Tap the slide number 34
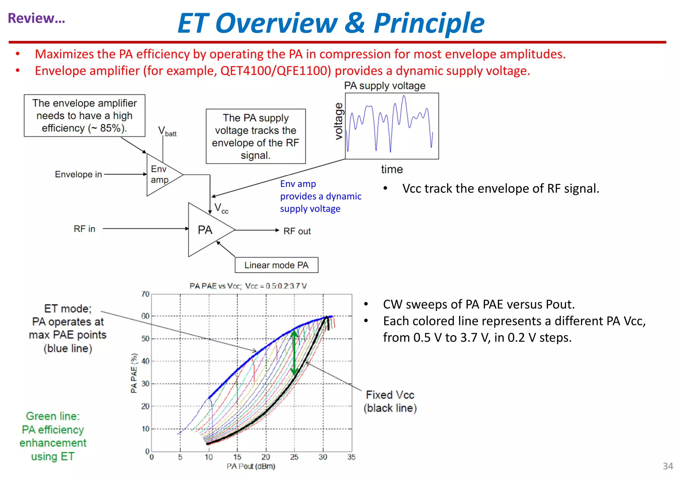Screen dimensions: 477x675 (x=668, y=466)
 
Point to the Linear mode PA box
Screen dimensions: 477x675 (x=276, y=265)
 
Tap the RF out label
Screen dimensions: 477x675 (x=297, y=231)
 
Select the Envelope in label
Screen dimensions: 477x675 (x=78, y=174)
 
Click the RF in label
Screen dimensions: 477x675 (x=84, y=229)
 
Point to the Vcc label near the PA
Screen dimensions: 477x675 (x=221, y=208)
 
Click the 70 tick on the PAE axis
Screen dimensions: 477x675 (x=145, y=294)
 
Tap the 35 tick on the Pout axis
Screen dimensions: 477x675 (x=351, y=457)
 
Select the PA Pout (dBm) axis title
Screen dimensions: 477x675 (x=250, y=466)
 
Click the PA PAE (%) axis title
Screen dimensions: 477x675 (x=134, y=373)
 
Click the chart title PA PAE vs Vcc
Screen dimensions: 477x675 (x=248, y=286)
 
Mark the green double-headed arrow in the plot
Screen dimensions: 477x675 (x=294, y=353)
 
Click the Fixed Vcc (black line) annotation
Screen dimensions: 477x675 (x=390, y=401)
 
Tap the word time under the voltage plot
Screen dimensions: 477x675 (x=392, y=169)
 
